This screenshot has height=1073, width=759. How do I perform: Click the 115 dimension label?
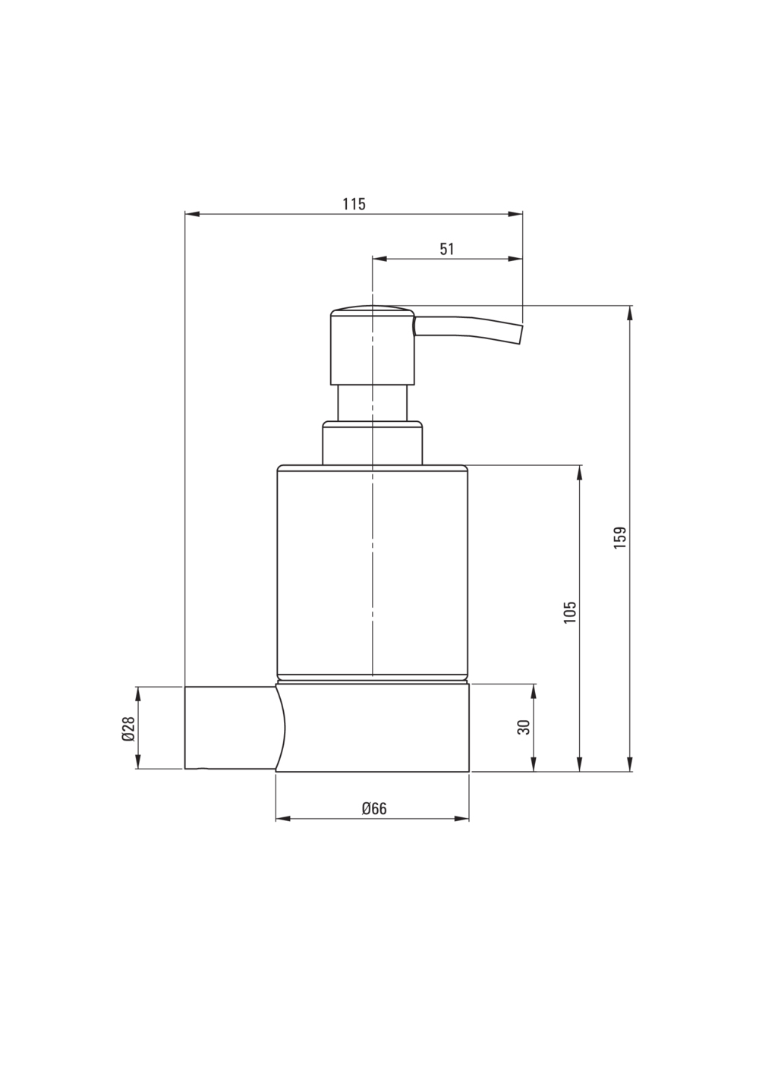click(354, 204)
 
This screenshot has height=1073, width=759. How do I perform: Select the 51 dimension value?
click(446, 249)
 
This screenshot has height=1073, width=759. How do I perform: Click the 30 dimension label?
click(524, 727)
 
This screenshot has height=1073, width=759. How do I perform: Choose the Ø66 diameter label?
click(374, 809)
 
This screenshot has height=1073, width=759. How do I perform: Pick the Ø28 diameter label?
click(128, 729)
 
